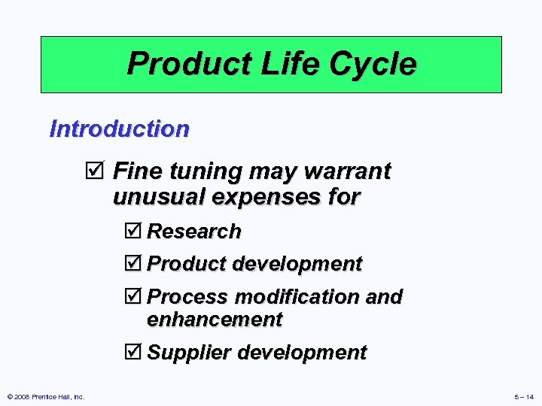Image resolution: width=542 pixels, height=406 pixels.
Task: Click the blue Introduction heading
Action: pos(119,129)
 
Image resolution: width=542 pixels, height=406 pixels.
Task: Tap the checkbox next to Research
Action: pos(135,232)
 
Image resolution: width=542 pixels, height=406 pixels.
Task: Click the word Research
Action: pos(194,232)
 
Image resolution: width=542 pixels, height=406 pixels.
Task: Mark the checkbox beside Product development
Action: pos(135,265)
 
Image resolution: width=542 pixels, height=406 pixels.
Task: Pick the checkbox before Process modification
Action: pos(135,297)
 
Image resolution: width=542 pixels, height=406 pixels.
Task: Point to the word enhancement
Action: pos(215,320)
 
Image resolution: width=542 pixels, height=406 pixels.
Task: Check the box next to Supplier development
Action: pos(135,353)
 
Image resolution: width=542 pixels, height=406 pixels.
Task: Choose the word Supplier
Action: pos(188,353)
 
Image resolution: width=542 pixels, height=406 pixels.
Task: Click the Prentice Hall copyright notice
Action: pos(45,396)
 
